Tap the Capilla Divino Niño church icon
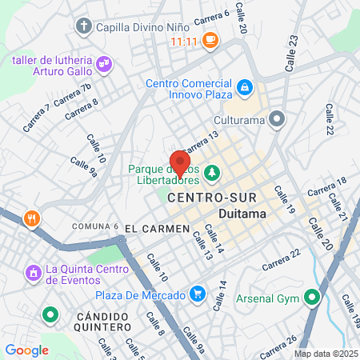84,26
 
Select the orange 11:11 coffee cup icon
210,38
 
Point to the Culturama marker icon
277,119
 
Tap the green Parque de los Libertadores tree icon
211,170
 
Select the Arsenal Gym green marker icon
311,299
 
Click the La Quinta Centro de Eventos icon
34,274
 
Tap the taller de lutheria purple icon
103,62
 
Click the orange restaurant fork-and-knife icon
31,218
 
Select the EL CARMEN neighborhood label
157,229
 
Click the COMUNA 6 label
95,226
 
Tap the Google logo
26,350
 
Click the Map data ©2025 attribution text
326,354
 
